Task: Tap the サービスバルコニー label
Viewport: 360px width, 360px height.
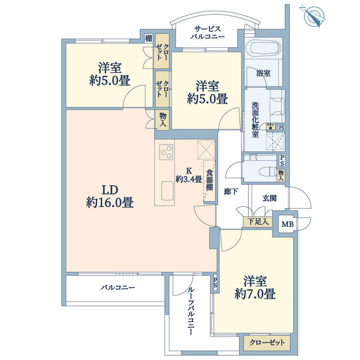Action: point(209,33)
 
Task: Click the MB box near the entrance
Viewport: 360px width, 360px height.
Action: point(287,223)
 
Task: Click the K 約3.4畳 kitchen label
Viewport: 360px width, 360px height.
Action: point(188,175)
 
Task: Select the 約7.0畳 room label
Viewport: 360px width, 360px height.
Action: point(259,287)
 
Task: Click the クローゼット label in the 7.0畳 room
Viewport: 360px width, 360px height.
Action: point(268,342)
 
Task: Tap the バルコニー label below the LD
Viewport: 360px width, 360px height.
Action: point(118,287)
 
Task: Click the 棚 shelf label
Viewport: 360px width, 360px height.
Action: point(148,38)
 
